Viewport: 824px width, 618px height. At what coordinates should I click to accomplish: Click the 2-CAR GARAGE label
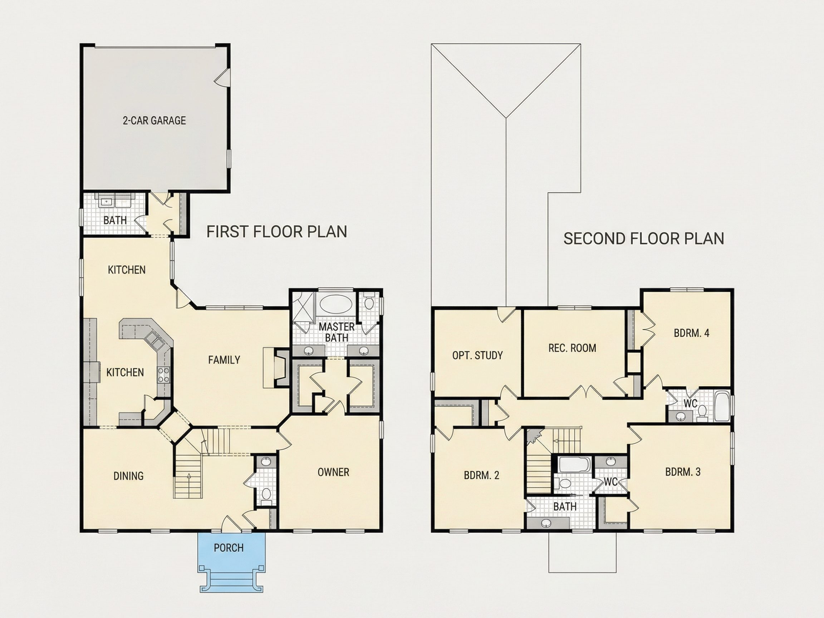[x=154, y=120]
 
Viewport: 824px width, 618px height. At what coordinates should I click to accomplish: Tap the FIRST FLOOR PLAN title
[x=277, y=232]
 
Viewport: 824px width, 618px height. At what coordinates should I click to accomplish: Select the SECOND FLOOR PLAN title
[x=644, y=239]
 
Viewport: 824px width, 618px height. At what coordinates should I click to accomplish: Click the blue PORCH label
[x=229, y=548]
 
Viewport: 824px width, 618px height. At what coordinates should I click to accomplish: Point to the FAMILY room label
[x=224, y=360]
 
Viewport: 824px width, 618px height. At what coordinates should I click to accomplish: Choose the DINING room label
[x=128, y=476]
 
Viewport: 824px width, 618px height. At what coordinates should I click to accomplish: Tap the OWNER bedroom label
[x=333, y=472]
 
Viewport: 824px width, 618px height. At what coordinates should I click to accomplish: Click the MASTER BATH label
[x=337, y=332]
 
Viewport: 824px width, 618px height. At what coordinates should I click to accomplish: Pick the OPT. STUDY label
[x=477, y=355]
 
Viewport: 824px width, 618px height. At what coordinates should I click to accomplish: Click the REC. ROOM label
[x=572, y=348]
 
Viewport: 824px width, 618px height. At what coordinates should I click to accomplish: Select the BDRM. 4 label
[x=691, y=333]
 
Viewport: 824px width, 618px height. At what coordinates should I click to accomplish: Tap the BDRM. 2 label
[x=481, y=475]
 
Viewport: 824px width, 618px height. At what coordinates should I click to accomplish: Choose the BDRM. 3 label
[x=683, y=472]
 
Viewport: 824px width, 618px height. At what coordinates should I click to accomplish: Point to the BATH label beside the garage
[x=115, y=220]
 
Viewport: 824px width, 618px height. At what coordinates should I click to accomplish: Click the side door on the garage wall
[x=222, y=78]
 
